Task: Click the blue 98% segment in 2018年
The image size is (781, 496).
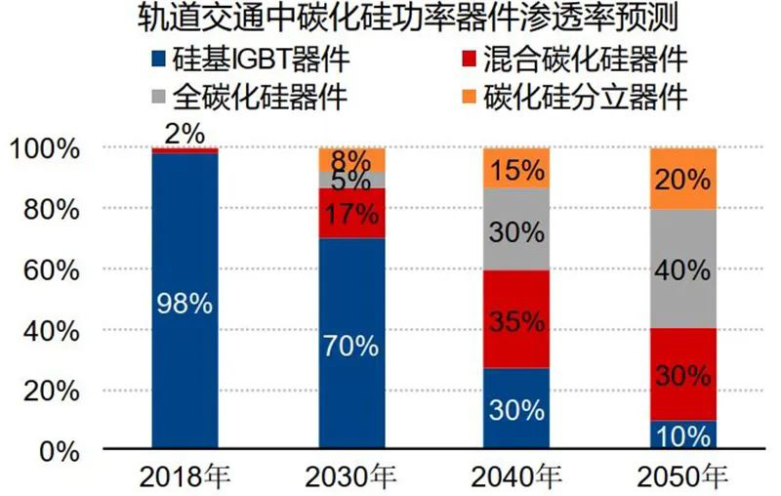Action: coord(185,303)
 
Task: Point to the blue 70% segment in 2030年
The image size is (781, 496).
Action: coord(352,344)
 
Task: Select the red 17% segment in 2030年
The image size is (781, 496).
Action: coord(352,213)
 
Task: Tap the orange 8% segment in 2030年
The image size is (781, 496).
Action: coord(352,160)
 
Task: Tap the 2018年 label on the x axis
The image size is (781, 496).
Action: coord(185,477)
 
